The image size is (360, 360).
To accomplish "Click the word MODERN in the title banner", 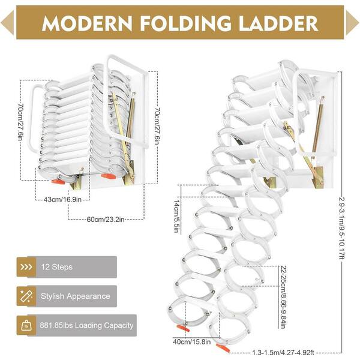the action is (x=87, y=23).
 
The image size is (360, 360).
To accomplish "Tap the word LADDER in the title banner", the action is (x=278, y=23).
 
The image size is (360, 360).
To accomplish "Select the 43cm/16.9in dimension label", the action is (x=62, y=199).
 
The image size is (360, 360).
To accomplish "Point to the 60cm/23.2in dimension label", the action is (x=106, y=219).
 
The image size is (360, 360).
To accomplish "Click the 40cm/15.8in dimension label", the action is (x=192, y=341).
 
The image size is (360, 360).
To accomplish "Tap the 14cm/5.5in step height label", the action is (x=176, y=216).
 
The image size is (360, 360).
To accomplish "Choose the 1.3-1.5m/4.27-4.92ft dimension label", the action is (x=283, y=352).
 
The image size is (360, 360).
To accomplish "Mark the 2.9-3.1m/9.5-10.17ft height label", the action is (x=341, y=229).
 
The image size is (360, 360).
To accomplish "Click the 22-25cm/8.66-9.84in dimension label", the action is (x=283, y=297).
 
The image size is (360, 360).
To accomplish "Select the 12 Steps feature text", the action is (x=57, y=267).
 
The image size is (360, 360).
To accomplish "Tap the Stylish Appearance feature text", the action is (x=76, y=296).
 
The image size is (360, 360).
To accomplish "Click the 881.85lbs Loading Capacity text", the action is (x=86, y=325).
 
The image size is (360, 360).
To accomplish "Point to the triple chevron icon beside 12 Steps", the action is (x=26, y=267).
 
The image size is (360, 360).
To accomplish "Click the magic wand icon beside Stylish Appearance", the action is (x=26, y=296).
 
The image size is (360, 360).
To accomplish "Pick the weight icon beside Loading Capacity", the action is (x=26, y=326).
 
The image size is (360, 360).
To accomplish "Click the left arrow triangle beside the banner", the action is (x=7, y=23).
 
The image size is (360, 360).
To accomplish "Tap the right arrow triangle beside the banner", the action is (x=352, y=23).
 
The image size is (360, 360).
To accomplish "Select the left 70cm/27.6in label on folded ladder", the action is (x=20, y=122).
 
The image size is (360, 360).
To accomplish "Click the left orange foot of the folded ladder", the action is (x=58, y=181).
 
